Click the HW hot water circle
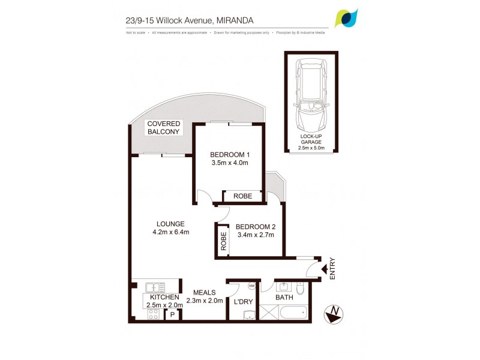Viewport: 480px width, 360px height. (251, 286)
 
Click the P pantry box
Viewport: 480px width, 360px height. (173, 314)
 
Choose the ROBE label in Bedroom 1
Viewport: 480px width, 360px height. (242, 196)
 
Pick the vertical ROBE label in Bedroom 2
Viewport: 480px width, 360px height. (223, 241)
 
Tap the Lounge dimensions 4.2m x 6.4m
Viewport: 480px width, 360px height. (171, 232)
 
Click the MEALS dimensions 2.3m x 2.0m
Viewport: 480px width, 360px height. (205, 301)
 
